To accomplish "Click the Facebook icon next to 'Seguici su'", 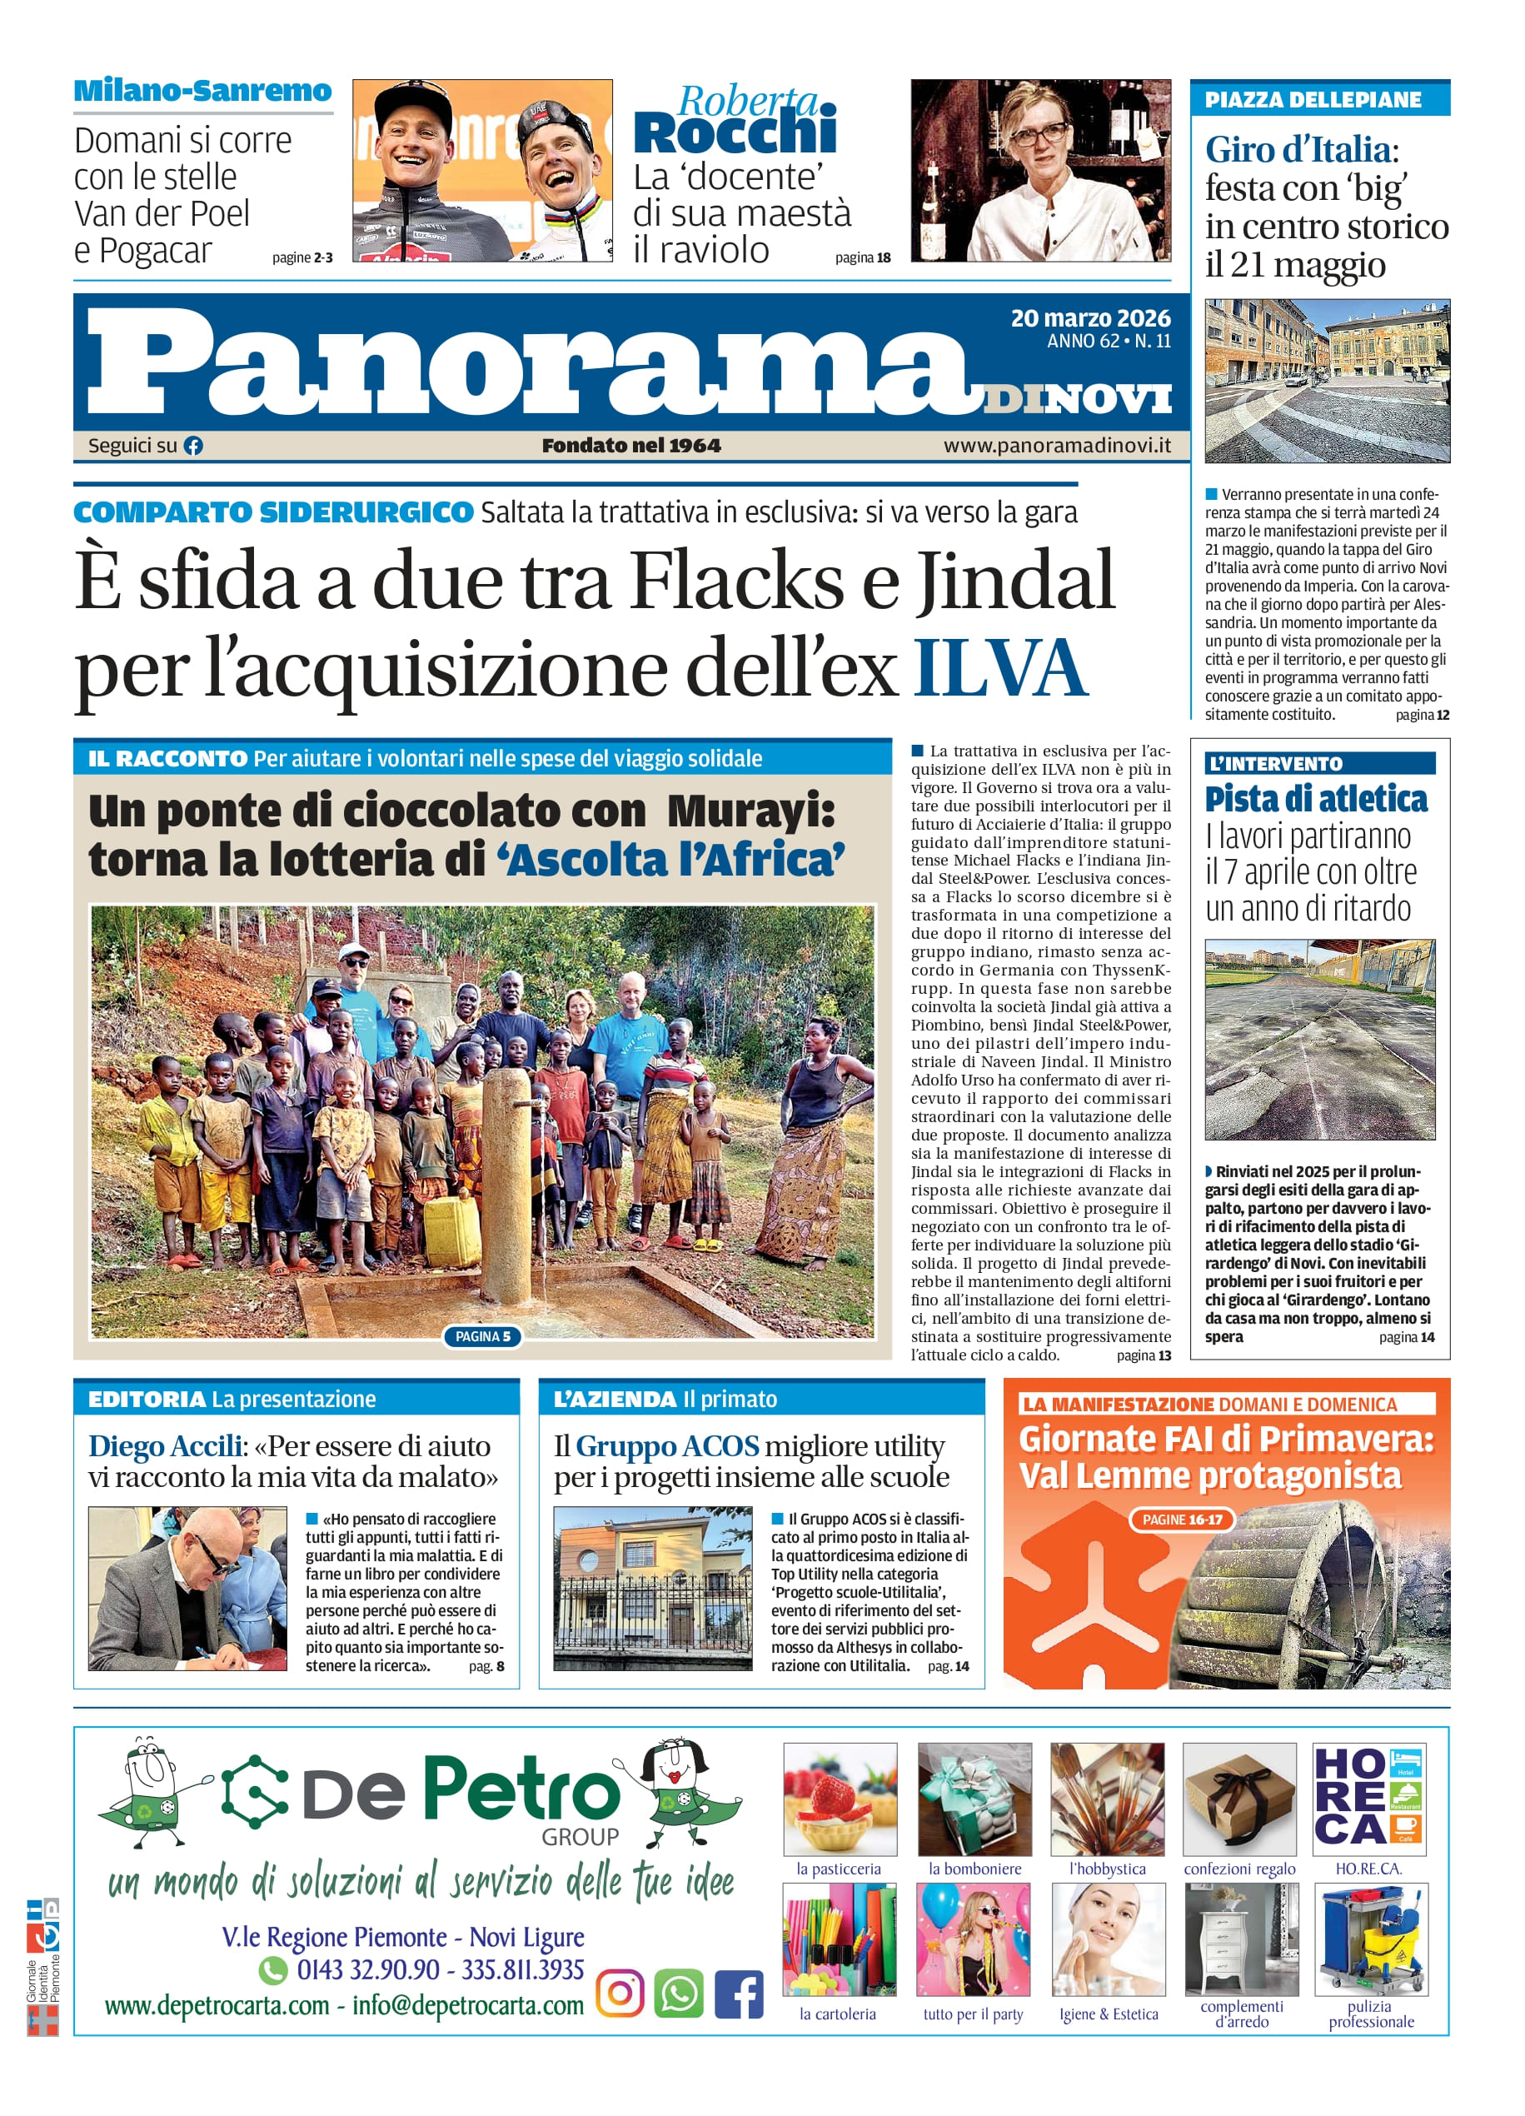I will pyautogui.click(x=193, y=446).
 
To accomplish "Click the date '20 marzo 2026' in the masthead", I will pyautogui.click(x=1089, y=318).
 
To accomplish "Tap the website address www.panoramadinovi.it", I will pyautogui.click(x=1057, y=446).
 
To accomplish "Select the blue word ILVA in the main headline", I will pyautogui.click(x=1000, y=668).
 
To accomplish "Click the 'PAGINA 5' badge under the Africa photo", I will pyautogui.click(x=482, y=1336).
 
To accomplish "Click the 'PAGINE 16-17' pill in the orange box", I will pyautogui.click(x=1182, y=1520).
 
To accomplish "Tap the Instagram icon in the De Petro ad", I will pyautogui.click(x=620, y=1993).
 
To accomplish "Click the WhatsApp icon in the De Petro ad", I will pyautogui.click(x=679, y=1993).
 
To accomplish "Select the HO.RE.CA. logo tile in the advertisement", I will pyautogui.click(x=1368, y=1797).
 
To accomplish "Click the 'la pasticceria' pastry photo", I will pyautogui.click(x=840, y=1799).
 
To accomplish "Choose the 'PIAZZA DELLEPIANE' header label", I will pyautogui.click(x=1313, y=100).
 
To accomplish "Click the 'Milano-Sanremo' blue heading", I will pyautogui.click(x=202, y=92).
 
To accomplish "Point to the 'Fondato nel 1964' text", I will pyautogui.click(x=631, y=446).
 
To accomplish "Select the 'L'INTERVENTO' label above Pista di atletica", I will pyautogui.click(x=1275, y=763).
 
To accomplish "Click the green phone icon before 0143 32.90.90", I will pyautogui.click(x=272, y=1969).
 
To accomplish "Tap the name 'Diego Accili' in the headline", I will pyautogui.click(x=165, y=1446).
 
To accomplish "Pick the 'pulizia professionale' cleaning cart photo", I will pyautogui.click(x=1370, y=1939).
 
